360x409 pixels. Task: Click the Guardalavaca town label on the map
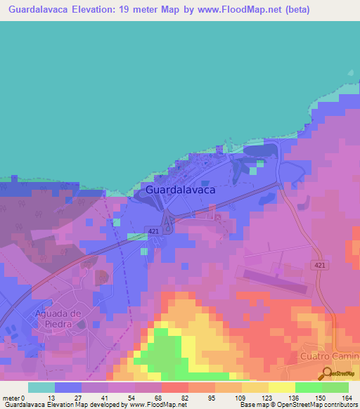coord(180,190)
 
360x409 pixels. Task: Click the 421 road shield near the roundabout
coord(154,231)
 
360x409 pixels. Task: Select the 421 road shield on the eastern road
coord(320,264)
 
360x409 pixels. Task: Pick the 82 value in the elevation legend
coord(176,398)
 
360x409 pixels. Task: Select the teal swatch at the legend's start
coord(41,387)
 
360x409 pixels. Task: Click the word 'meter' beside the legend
coord(12,398)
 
